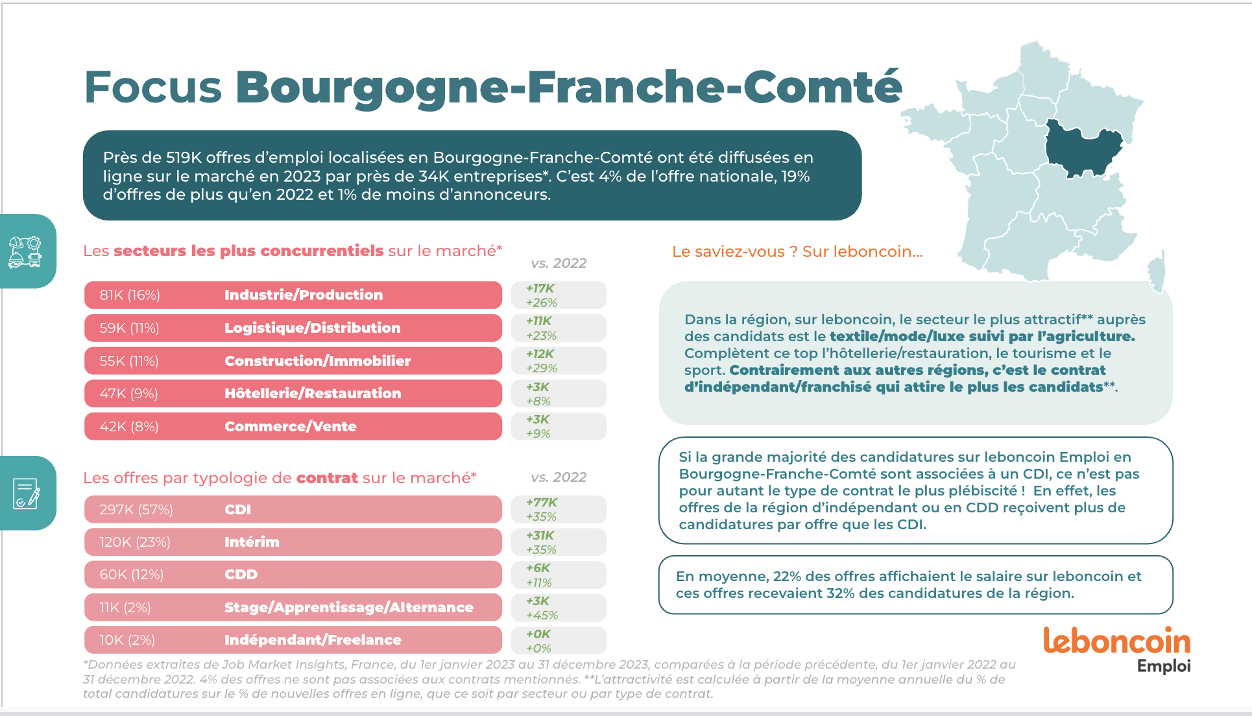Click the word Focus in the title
point(153,88)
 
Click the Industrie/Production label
point(304,295)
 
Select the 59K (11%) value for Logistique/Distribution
point(129,328)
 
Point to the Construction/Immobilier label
point(317,361)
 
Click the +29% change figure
point(542,368)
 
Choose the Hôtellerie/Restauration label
point(313,394)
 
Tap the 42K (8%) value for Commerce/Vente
point(129,427)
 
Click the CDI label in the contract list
point(237,510)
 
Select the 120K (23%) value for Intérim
point(135,542)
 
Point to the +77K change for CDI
point(542,503)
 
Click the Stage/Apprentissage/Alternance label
point(348,608)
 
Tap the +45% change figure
point(542,615)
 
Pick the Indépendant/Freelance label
point(313,640)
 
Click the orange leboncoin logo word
point(1116,641)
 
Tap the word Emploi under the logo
point(1164,666)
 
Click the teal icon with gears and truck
point(25,252)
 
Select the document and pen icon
point(26,494)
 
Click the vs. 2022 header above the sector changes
point(559,263)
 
